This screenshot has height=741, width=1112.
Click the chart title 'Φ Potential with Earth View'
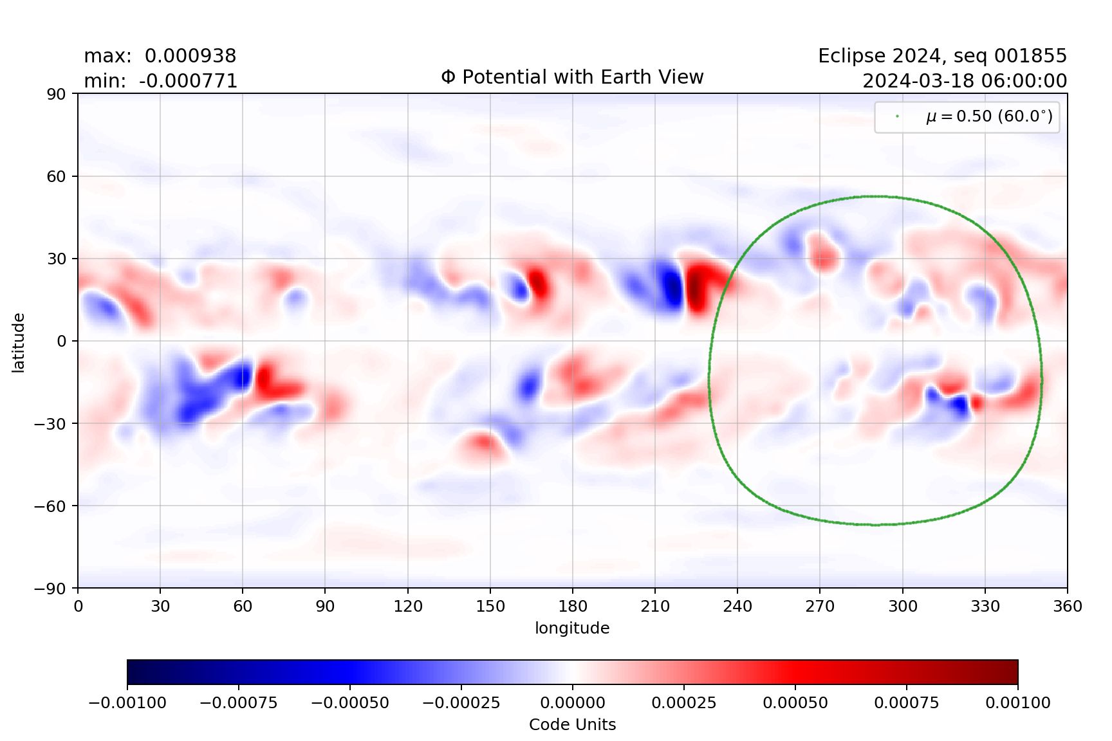click(572, 77)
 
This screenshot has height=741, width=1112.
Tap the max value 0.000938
click(190, 56)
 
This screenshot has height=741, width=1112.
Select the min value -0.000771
click(188, 81)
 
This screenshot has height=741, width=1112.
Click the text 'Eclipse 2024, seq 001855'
click(942, 56)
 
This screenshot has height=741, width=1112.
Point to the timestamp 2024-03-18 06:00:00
click(964, 81)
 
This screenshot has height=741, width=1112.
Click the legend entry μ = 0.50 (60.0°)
click(989, 116)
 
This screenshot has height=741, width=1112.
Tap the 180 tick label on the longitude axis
click(573, 606)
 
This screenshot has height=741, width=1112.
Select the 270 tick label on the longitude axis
click(820, 606)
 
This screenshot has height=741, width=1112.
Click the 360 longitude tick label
click(1067, 606)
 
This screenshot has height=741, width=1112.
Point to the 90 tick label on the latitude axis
click(56, 94)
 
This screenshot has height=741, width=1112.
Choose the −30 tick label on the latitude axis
click(50, 423)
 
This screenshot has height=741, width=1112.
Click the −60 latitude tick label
click(50, 506)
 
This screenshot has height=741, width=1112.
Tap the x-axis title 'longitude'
click(572, 628)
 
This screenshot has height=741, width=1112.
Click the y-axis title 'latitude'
click(18, 342)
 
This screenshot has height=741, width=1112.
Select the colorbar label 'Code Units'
click(572, 725)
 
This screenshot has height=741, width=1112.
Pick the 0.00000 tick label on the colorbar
click(572, 702)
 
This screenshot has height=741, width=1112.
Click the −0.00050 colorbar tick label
click(349, 702)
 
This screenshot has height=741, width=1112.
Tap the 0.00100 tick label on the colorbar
click(1017, 702)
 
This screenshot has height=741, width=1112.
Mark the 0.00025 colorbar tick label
click(683, 702)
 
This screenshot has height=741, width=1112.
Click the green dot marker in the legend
click(897, 116)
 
